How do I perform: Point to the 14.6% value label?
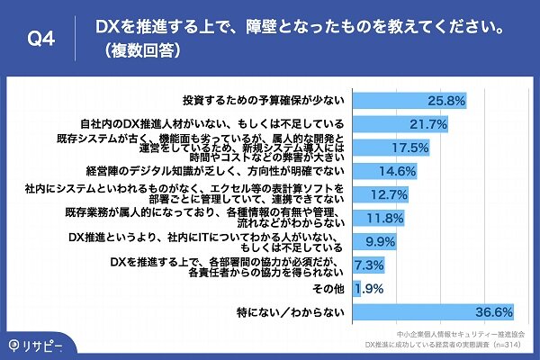point(398,170)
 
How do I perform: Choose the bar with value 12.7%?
point(382,193)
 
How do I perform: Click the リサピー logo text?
point(41,344)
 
